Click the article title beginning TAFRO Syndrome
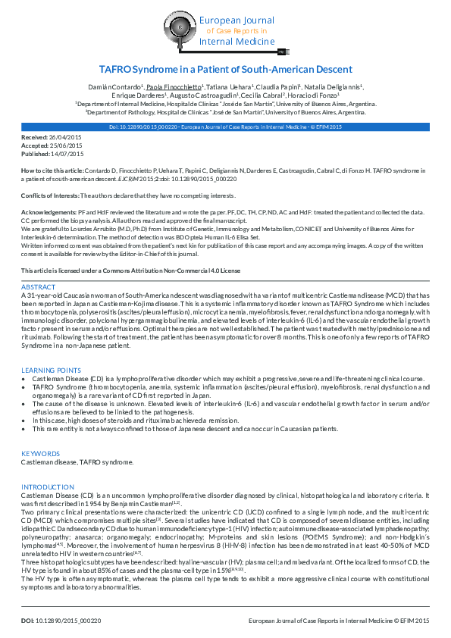pos(225,68)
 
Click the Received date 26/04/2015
pos(66,136)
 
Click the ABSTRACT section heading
pos(38,287)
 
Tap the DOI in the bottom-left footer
pos(61,620)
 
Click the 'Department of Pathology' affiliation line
pos(224,111)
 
